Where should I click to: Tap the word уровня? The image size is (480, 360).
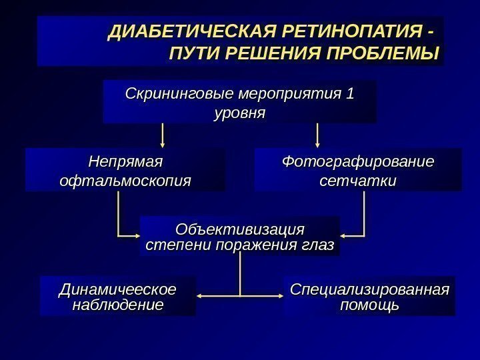(239, 113)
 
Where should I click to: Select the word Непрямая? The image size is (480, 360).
(126, 161)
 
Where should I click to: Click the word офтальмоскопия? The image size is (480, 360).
(125, 180)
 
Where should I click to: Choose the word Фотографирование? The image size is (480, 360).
(357, 161)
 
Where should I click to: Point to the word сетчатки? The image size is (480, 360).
(357, 180)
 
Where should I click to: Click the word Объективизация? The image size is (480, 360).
(239, 230)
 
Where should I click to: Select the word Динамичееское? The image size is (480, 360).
(118, 290)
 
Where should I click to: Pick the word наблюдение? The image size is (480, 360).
(118, 305)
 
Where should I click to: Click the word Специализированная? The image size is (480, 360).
(369, 290)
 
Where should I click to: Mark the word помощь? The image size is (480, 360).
(369, 305)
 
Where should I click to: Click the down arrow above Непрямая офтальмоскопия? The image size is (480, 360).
(163, 142)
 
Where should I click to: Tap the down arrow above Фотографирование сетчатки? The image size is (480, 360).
(317, 142)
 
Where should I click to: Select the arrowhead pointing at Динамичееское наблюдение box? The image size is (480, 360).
(201, 296)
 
